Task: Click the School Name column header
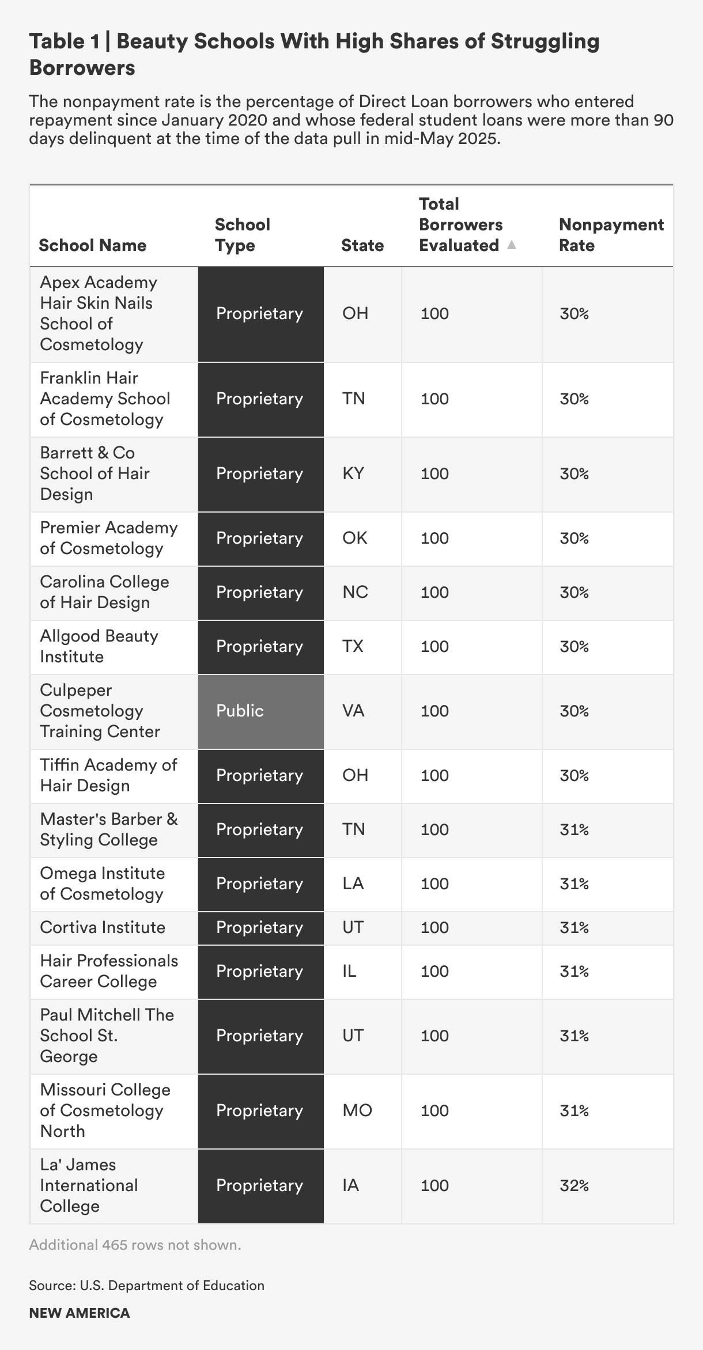[x=92, y=245]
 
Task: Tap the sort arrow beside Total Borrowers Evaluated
[x=511, y=245]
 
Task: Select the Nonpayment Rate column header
[x=611, y=234]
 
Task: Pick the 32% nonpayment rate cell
[x=574, y=1185]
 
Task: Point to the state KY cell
[x=353, y=473]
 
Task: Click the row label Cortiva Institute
[x=103, y=927]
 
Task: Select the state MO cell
[x=357, y=1110]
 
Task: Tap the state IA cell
[x=350, y=1185]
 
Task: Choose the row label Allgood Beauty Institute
[x=99, y=646]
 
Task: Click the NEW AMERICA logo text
[x=80, y=1313]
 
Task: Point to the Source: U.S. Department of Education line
[x=146, y=1285]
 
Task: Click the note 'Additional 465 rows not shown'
[x=135, y=1245]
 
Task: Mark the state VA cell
[x=353, y=711]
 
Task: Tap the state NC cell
[x=355, y=592]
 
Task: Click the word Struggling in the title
[x=545, y=41]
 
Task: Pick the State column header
[x=362, y=245]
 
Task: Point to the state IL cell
[x=349, y=971]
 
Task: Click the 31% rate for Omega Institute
[x=574, y=883]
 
